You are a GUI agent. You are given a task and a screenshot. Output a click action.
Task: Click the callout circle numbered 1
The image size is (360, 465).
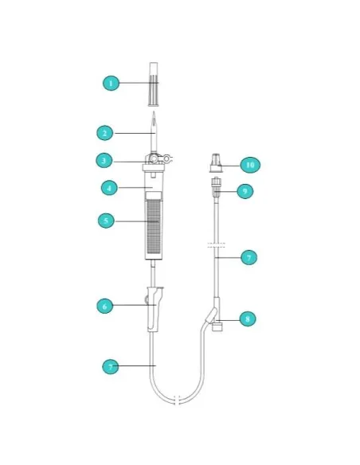point(112,82)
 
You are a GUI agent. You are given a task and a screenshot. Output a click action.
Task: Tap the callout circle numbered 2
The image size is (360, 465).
point(104,133)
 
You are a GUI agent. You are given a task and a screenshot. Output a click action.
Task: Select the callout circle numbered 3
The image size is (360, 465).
point(104,160)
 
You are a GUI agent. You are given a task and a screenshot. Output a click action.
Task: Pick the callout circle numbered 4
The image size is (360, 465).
point(110,188)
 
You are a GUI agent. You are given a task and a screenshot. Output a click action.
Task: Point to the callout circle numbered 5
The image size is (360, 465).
point(107,220)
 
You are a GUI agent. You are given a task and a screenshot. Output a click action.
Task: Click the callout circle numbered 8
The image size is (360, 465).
point(247,318)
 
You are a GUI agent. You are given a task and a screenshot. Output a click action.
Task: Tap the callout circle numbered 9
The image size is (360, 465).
point(246,191)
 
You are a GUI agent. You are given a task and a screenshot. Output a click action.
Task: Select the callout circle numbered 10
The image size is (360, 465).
point(250,165)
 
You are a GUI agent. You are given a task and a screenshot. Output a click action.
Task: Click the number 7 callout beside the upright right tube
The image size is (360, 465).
point(248,258)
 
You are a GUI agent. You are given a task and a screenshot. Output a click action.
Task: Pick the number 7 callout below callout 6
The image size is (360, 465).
point(111,366)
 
